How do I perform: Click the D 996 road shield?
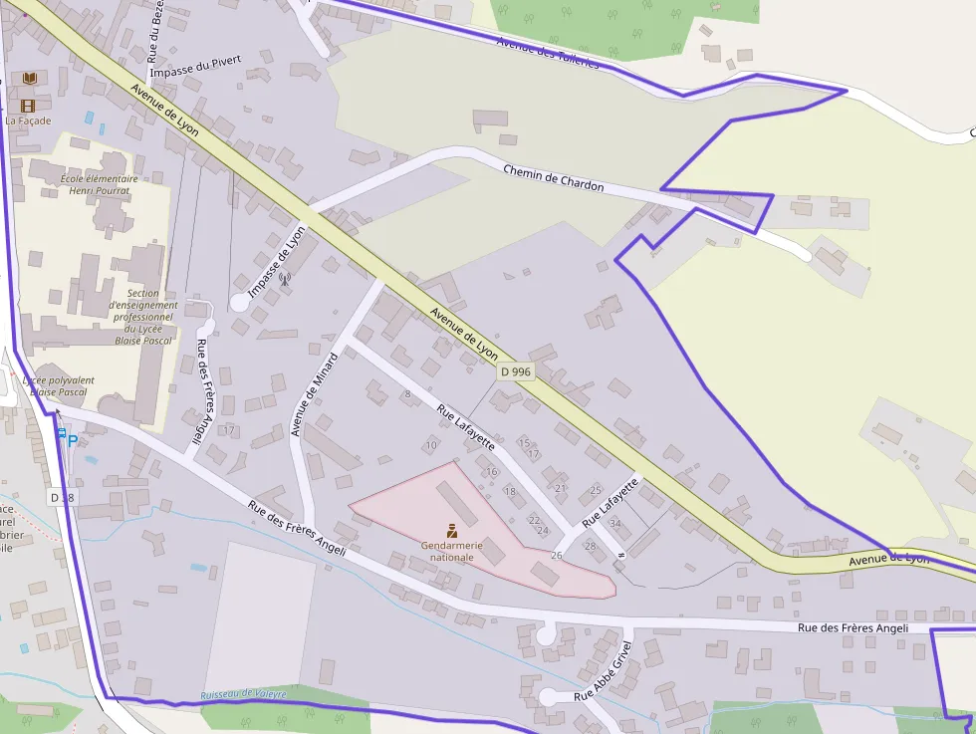(517, 371)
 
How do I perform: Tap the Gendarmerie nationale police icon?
(452, 531)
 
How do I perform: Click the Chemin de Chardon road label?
(553, 178)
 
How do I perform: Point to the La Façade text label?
(28, 122)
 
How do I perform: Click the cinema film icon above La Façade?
(28, 106)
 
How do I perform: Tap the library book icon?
(30, 78)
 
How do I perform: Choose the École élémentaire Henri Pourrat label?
(100, 184)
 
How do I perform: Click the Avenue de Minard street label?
(315, 394)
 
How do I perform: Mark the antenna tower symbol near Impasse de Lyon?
(284, 279)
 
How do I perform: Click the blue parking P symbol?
(72, 439)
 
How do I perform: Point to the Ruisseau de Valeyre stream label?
(243, 694)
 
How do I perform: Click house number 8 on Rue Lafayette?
(407, 394)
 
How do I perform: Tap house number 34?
(614, 524)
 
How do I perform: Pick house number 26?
(556, 555)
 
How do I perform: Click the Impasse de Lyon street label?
(277, 262)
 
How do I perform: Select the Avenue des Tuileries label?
(548, 53)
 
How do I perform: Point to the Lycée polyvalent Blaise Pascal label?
(59, 386)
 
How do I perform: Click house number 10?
(430, 444)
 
